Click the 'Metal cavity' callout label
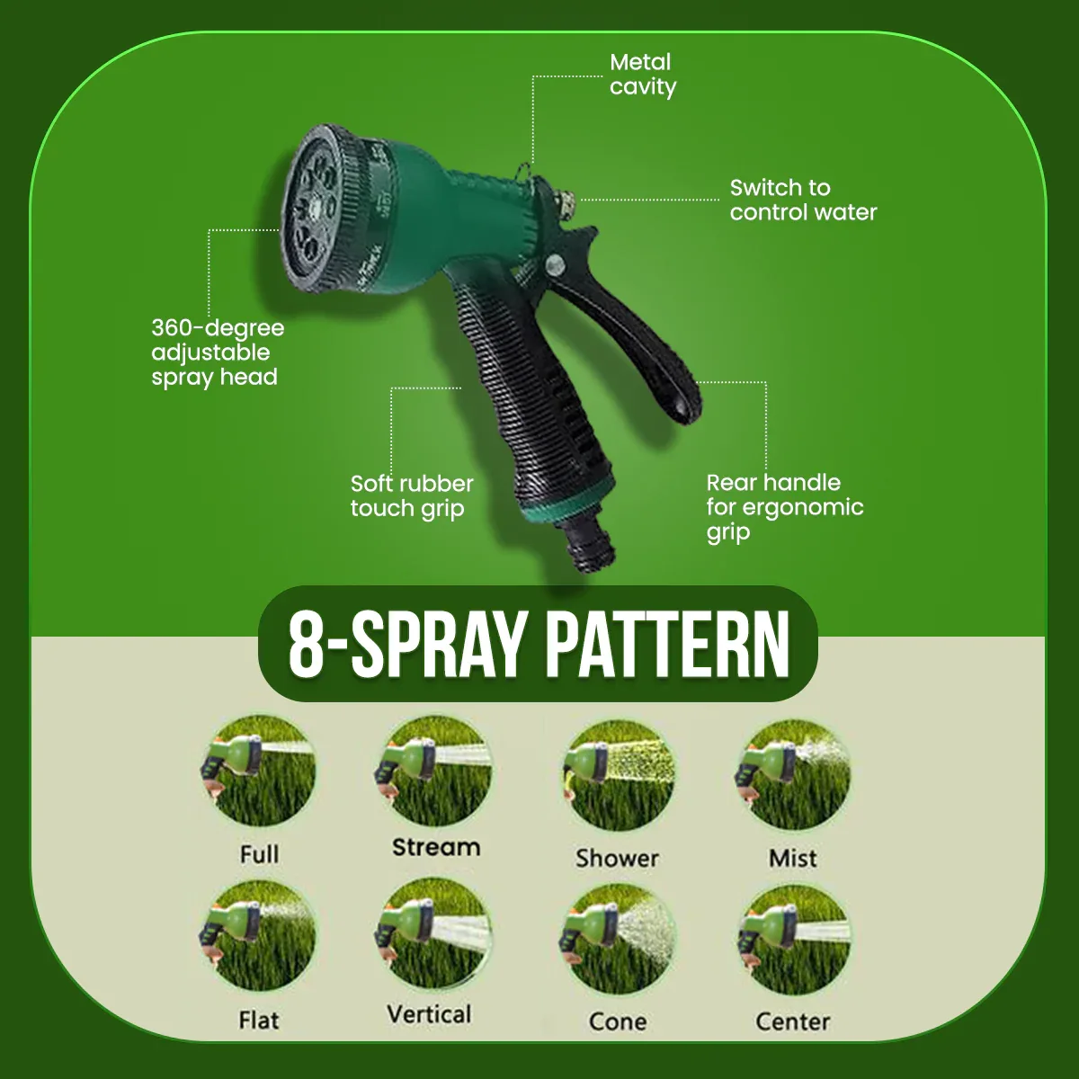coord(643,75)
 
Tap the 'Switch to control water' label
coord(803,200)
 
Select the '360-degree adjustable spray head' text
coord(218,352)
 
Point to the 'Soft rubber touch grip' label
coord(412,496)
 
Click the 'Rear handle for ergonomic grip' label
coord(784,508)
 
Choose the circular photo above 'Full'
coord(259,771)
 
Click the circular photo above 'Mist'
coord(792,775)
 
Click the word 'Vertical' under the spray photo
coord(429,1014)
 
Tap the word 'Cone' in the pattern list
coord(618,1021)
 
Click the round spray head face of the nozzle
coord(308,209)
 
